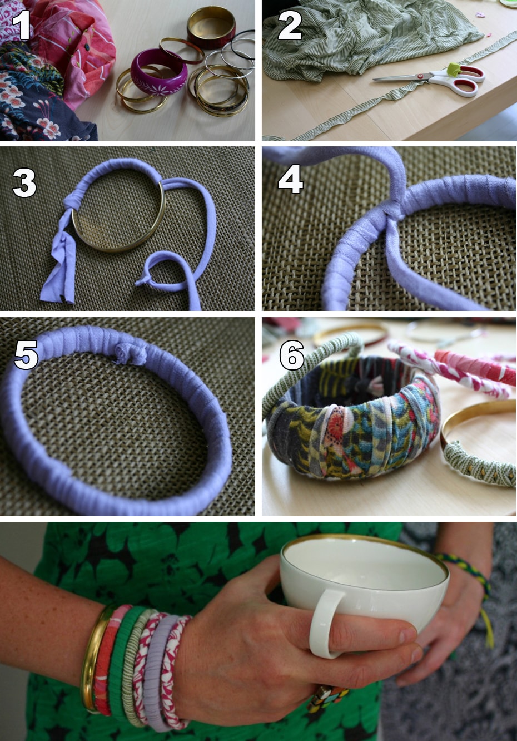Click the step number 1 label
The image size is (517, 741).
pyautogui.click(x=22, y=25)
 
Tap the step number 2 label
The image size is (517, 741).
pyautogui.click(x=290, y=25)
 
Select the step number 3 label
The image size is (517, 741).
pyautogui.click(x=24, y=183)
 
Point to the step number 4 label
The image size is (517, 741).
pyautogui.click(x=291, y=179)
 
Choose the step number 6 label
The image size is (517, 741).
pyautogui.click(x=292, y=354)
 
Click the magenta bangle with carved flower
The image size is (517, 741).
pyautogui.click(x=158, y=72)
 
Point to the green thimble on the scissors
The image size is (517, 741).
pyautogui.click(x=454, y=69)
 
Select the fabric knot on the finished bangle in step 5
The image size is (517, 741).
pyautogui.click(x=130, y=354)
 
